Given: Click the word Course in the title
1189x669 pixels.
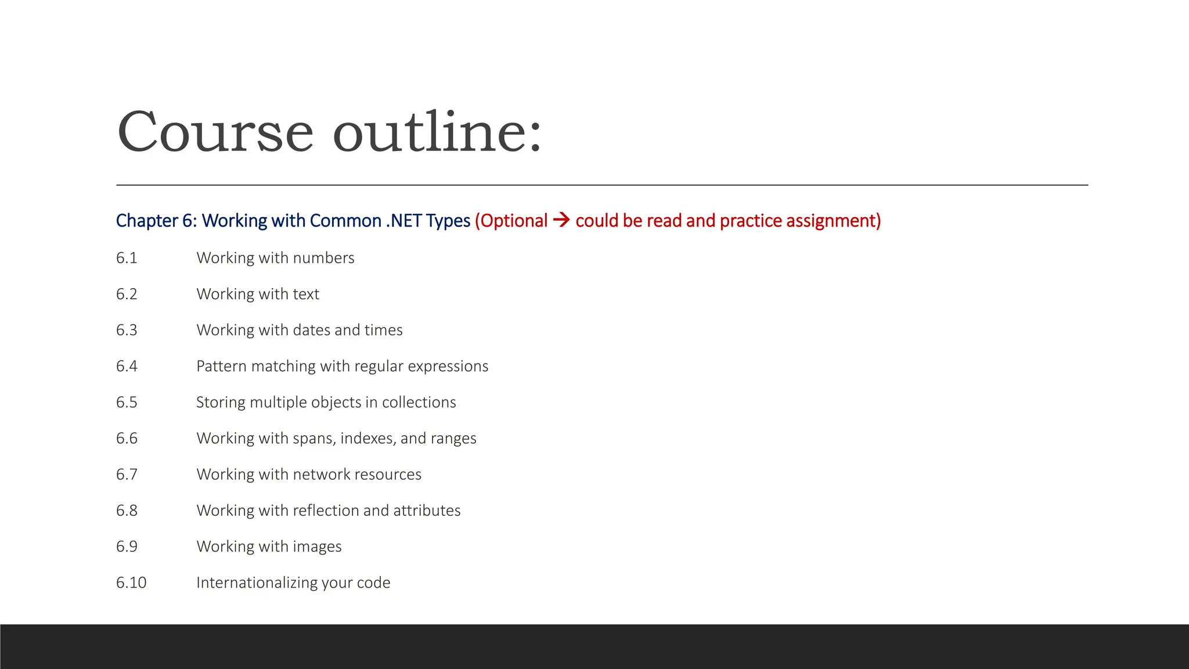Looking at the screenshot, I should (x=215, y=132).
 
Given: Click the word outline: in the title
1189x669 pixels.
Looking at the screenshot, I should (x=437, y=132).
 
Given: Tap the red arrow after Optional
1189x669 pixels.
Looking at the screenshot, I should (x=561, y=220).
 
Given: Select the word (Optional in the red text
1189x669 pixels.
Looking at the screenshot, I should (x=511, y=221).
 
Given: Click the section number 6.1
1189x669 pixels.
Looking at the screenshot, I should (x=127, y=258).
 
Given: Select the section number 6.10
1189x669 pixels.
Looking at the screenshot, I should (x=131, y=582).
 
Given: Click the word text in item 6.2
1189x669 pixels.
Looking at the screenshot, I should (x=305, y=294).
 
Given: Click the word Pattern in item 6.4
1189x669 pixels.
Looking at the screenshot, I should (x=221, y=366).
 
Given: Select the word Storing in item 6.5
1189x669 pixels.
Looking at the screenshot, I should (x=221, y=402).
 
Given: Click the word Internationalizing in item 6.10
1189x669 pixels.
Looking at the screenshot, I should (x=256, y=582).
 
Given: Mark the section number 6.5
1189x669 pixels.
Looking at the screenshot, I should (x=127, y=402).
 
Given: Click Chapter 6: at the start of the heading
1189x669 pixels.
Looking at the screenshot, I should (x=156, y=221).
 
